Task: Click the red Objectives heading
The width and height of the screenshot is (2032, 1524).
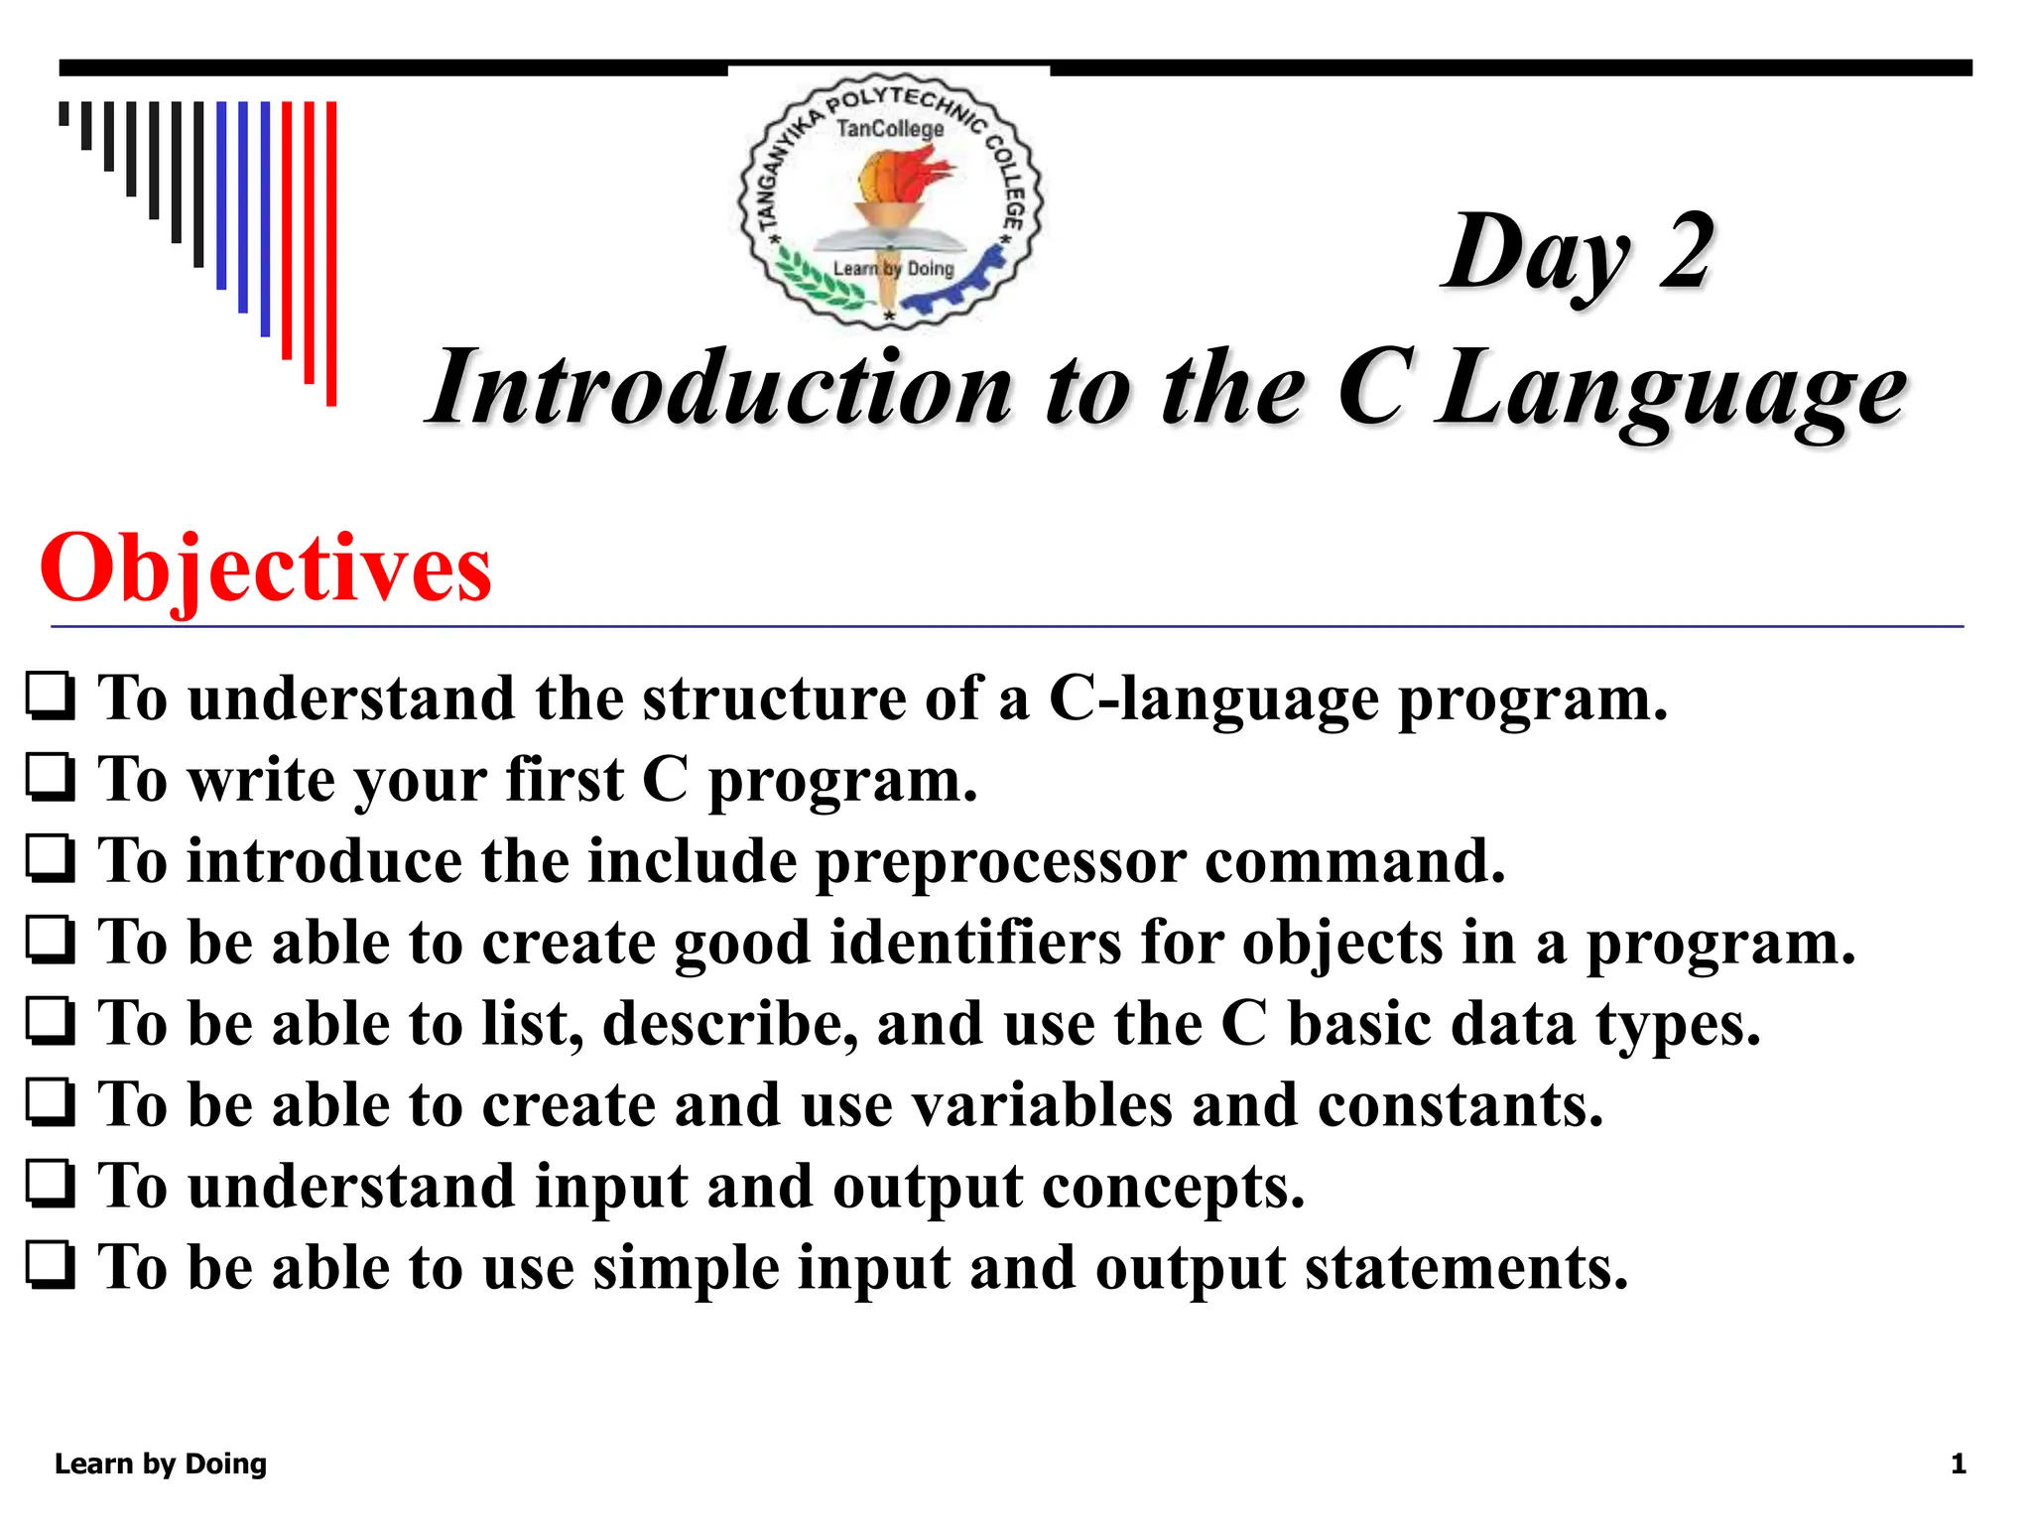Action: click(266, 569)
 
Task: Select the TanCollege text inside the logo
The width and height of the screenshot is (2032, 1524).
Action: click(890, 129)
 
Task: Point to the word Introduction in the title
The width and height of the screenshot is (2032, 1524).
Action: click(721, 389)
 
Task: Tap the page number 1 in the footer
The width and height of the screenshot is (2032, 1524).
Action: click(1958, 1464)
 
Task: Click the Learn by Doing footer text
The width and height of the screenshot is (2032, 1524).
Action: click(161, 1464)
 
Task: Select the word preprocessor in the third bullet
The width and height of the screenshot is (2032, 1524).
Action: click(1000, 862)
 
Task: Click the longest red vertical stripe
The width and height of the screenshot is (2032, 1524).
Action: click(331, 253)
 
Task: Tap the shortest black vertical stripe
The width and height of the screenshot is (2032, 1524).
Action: click(64, 113)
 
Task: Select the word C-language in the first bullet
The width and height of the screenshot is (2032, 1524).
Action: click(1213, 699)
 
